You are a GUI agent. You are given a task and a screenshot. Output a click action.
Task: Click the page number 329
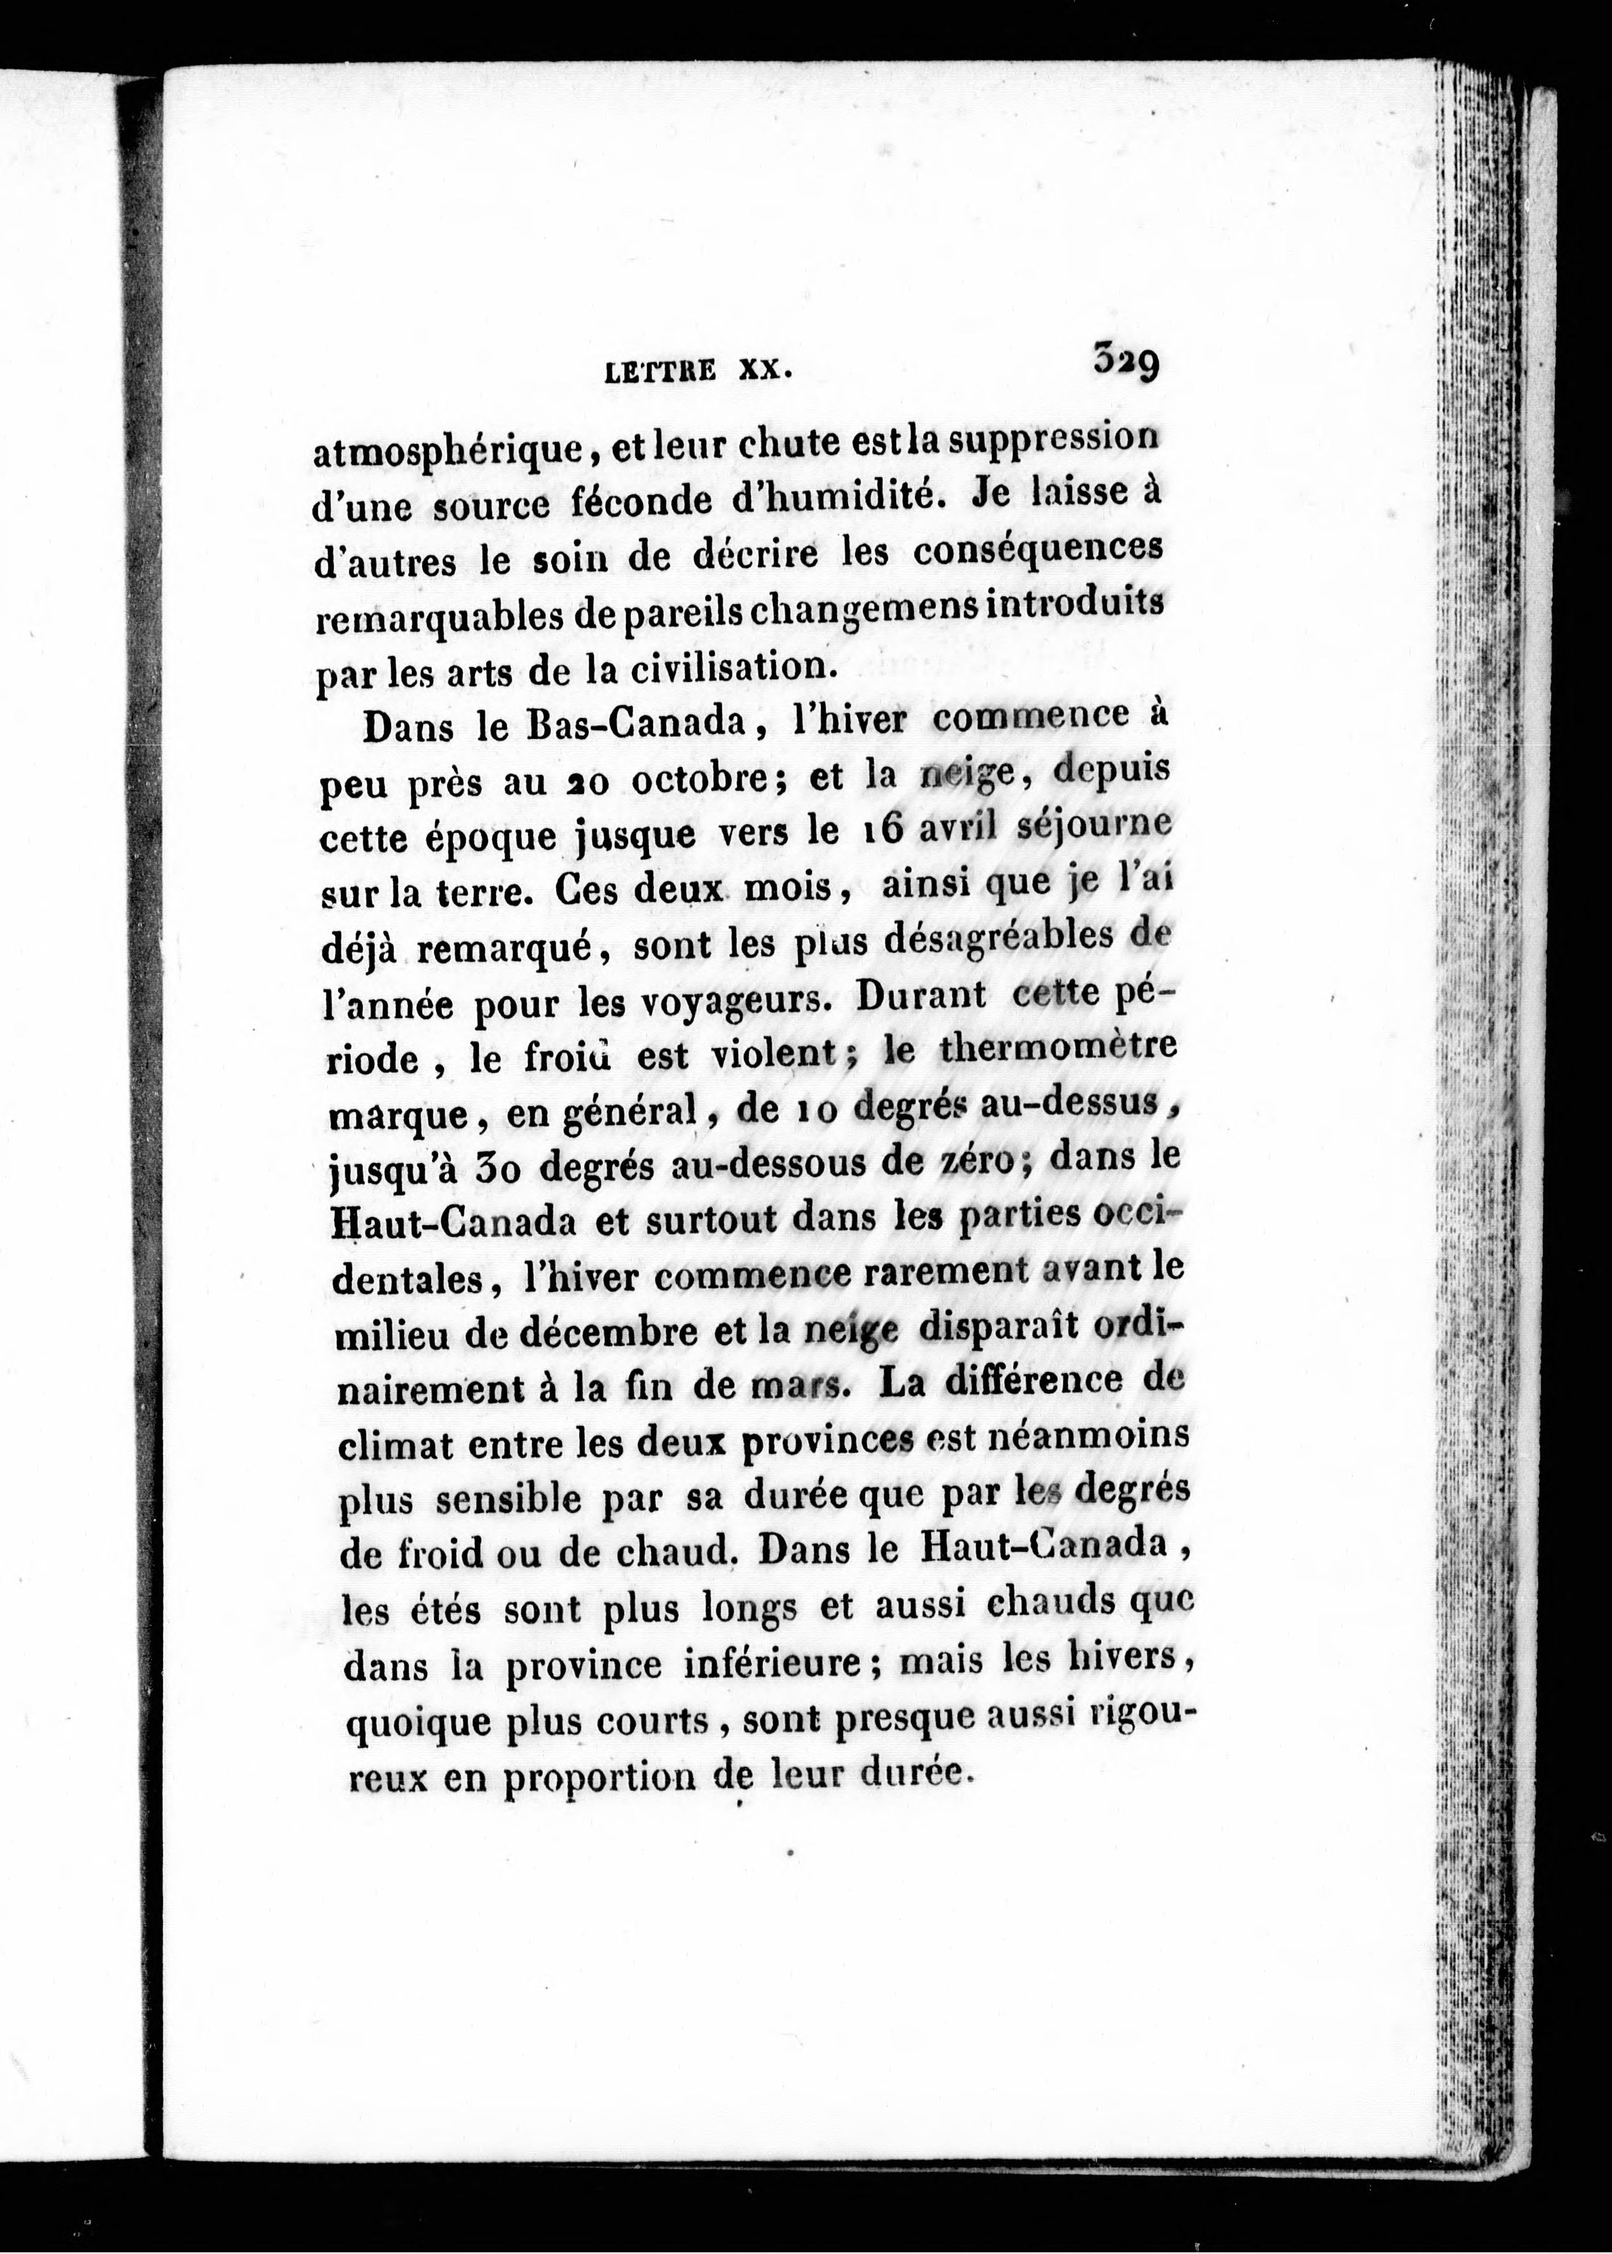[1126, 361]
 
